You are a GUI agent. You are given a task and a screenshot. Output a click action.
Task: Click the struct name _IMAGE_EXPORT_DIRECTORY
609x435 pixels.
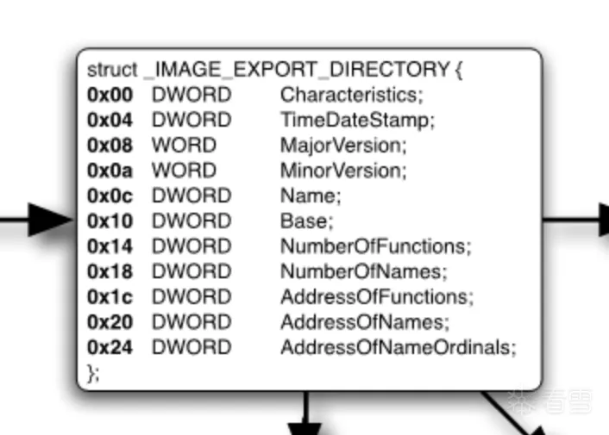click(x=297, y=70)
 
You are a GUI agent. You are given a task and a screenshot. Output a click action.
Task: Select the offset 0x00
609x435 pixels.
click(x=110, y=95)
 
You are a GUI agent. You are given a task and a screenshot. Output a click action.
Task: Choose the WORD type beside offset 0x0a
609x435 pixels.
click(x=184, y=171)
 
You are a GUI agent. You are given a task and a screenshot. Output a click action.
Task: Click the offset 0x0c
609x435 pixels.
click(x=110, y=196)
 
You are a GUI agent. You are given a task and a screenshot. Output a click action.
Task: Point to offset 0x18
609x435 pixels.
click(x=110, y=272)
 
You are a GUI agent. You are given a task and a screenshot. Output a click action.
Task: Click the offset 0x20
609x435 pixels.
click(x=110, y=322)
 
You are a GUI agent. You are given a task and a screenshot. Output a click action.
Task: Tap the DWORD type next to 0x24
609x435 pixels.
click(x=191, y=347)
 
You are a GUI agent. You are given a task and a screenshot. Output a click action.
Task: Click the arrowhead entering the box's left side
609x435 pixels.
click(x=51, y=220)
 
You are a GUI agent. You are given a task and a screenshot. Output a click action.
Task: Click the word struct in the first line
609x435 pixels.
click(x=112, y=70)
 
